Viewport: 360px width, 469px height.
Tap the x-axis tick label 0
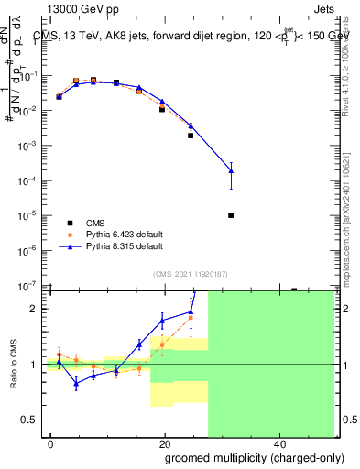(x=51, y=444)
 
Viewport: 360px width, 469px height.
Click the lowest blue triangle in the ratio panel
(x=77, y=384)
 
